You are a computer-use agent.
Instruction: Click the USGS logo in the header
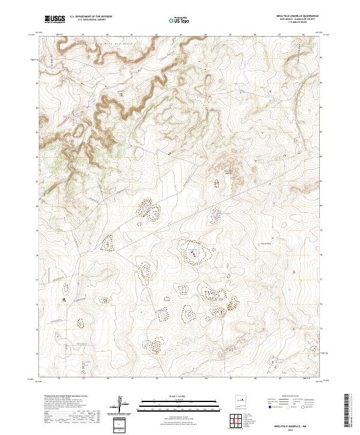[55, 19]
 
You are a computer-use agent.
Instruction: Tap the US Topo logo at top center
[179, 20]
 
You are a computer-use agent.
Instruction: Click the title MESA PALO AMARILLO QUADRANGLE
[298, 16]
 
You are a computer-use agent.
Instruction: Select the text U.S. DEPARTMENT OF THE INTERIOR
[91, 17]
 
